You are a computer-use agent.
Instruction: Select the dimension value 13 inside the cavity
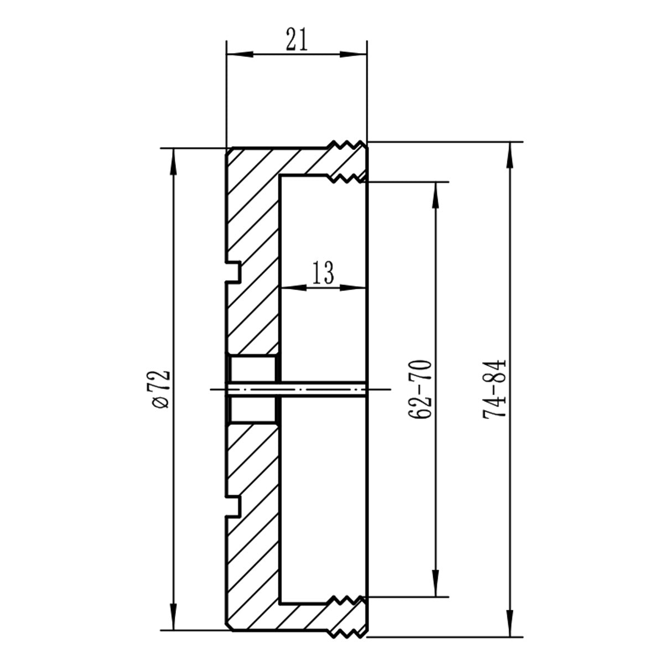tap(323, 273)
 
